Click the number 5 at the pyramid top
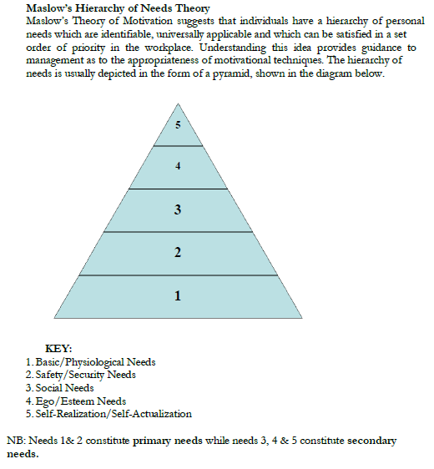tap(178, 125)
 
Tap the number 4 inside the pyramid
tap(178, 167)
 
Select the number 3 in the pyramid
tap(178, 210)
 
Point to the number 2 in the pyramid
tap(178, 254)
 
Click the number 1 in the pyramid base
tap(178, 295)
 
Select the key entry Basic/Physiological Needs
tap(94, 361)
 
